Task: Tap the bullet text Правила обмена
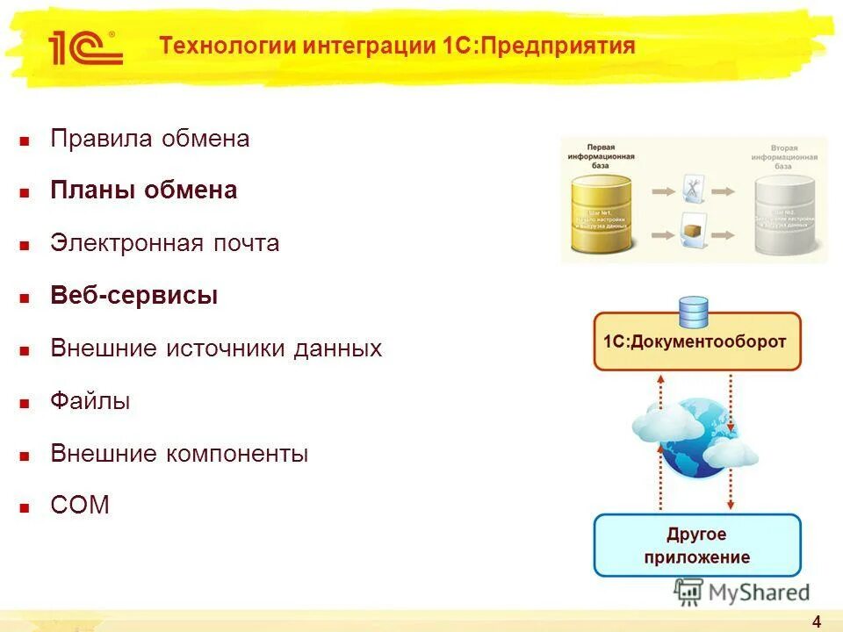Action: coord(150,139)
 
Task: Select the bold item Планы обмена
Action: coord(144,190)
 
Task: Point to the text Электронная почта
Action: coord(165,243)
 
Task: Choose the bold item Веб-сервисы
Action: coord(134,296)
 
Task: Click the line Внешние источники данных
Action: coord(216,348)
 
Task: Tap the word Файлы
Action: coord(90,401)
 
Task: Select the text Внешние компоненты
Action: coord(179,454)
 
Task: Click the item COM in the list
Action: coord(80,506)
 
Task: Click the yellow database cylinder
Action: coord(602,213)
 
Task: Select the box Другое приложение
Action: coord(697,545)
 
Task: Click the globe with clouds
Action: coord(694,439)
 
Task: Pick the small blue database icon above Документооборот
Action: coord(694,312)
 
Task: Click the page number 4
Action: coord(817,622)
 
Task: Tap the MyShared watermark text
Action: coord(757,592)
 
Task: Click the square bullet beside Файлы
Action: coord(25,403)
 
